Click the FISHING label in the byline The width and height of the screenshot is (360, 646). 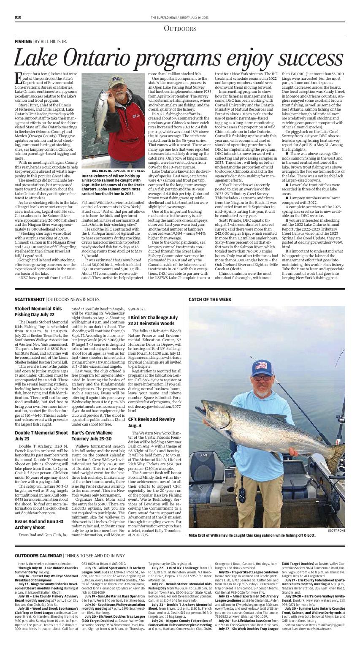pyautogui.click(x=23, y=42)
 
